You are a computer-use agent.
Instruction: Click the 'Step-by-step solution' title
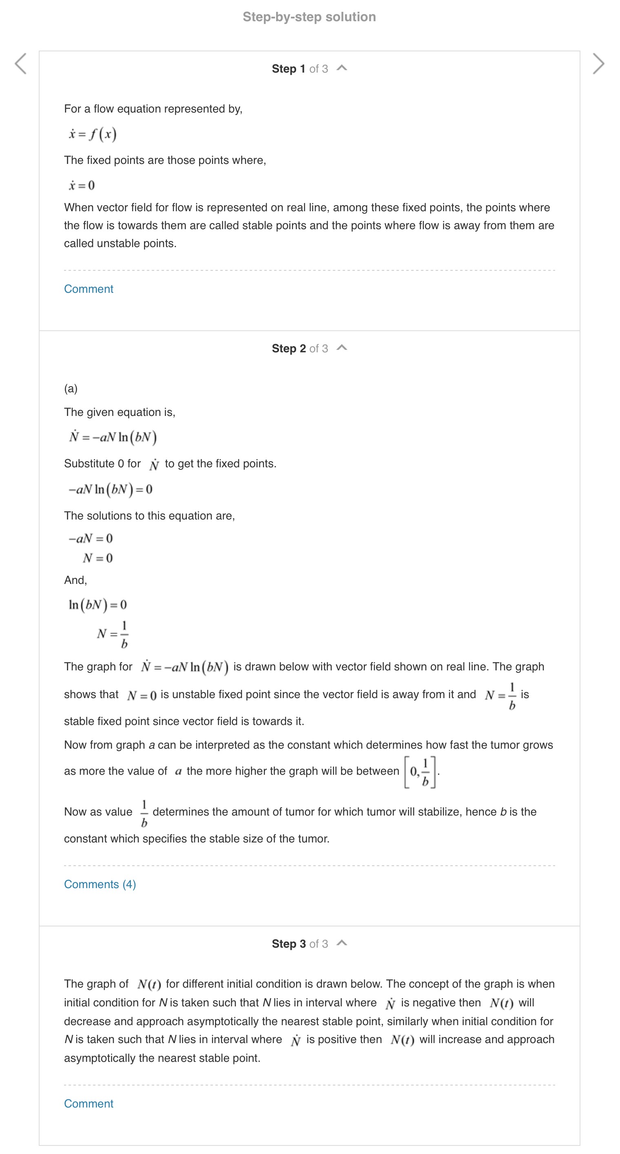(309, 17)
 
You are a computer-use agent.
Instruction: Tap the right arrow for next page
(598, 64)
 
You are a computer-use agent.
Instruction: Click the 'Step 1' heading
(288, 69)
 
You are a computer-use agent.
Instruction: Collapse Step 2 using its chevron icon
(342, 348)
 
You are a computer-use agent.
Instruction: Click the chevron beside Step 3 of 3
(342, 943)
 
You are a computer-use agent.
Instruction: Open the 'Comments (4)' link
(100, 884)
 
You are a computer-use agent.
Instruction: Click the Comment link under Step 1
(89, 289)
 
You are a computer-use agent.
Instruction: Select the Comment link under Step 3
(89, 1103)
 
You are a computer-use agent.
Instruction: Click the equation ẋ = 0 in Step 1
(82, 185)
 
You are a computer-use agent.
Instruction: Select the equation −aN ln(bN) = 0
(110, 489)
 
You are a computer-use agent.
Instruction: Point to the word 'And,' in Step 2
(75, 580)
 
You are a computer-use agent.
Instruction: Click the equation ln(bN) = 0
(97, 605)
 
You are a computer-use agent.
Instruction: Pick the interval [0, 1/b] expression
(420, 772)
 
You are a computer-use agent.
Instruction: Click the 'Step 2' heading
(288, 349)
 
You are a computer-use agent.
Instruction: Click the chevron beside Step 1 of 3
(342, 68)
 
